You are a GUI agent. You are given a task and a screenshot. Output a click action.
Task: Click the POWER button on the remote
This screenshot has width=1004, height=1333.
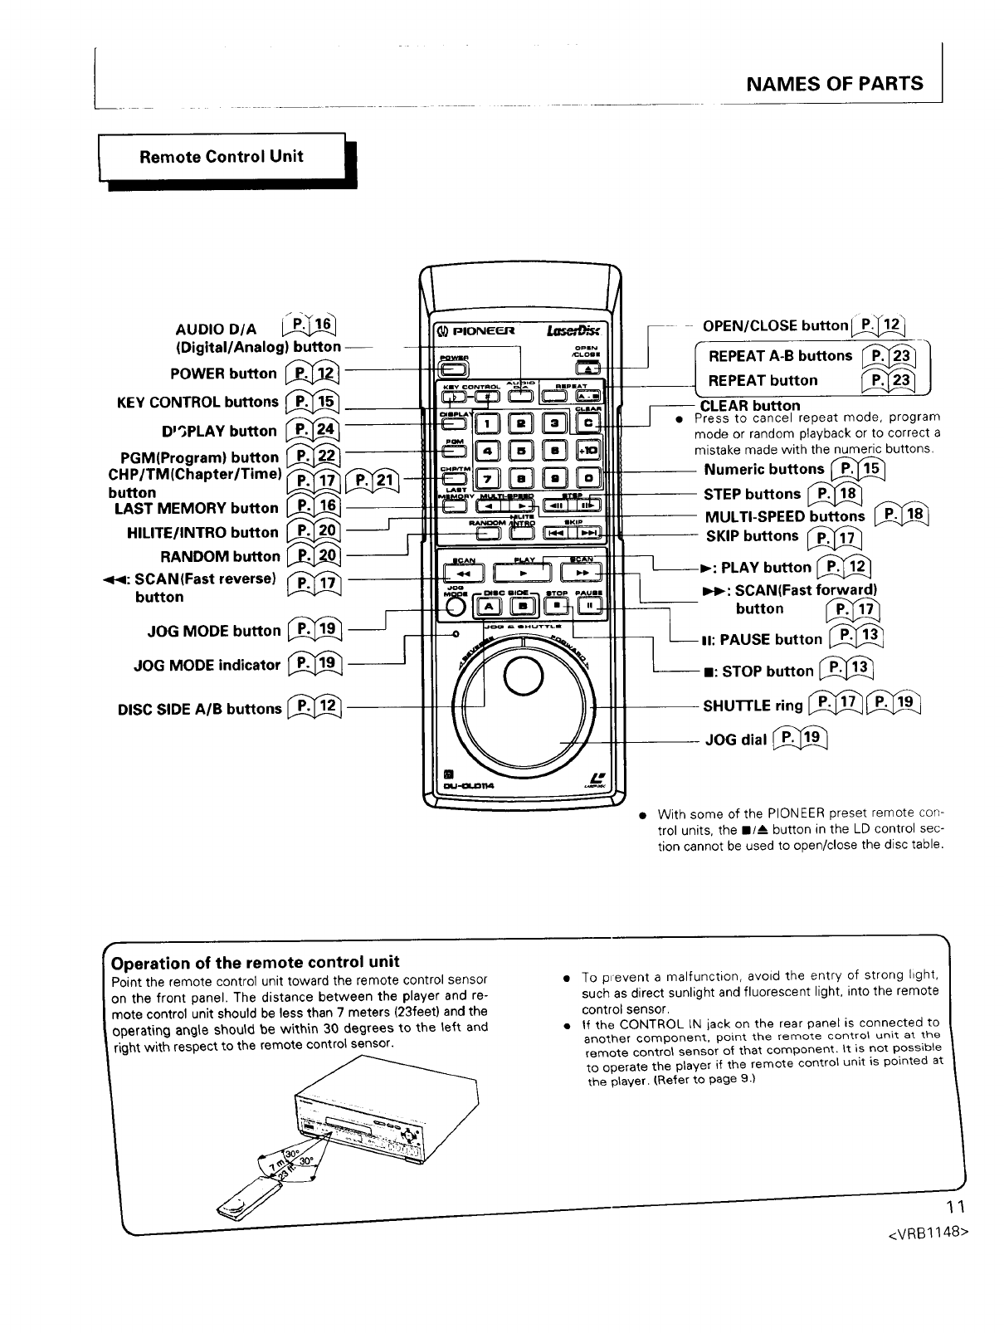[454, 371]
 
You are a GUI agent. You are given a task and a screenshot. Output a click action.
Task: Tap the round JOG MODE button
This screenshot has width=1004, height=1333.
[455, 607]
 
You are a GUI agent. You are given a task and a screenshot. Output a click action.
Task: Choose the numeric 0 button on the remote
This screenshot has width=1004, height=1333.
[588, 479]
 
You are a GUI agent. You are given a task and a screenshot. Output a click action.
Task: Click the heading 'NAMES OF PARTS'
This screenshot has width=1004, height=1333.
[834, 83]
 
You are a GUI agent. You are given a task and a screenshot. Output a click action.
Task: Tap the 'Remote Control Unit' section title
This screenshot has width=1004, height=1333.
[222, 156]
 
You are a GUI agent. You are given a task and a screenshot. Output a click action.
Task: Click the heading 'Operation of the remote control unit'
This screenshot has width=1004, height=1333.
[256, 962]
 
